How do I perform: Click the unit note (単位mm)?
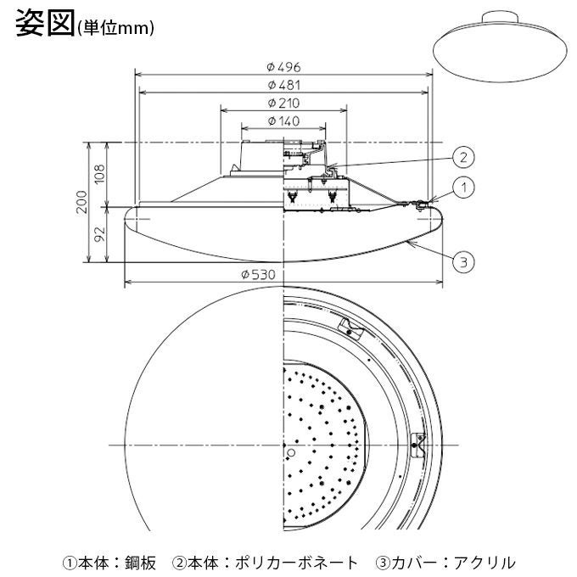[x=115, y=28]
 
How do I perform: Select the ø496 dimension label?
[x=283, y=66]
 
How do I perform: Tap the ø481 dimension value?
[x=283, y=85]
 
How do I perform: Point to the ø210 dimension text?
[x=283, y=104]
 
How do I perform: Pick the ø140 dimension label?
[x=283, y=121]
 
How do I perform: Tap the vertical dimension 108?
[x=98, y=174]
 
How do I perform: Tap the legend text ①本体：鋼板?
[x=109, y=561]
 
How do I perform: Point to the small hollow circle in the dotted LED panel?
[x=291, y=454]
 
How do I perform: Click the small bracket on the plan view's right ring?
[x=417, y=443]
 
